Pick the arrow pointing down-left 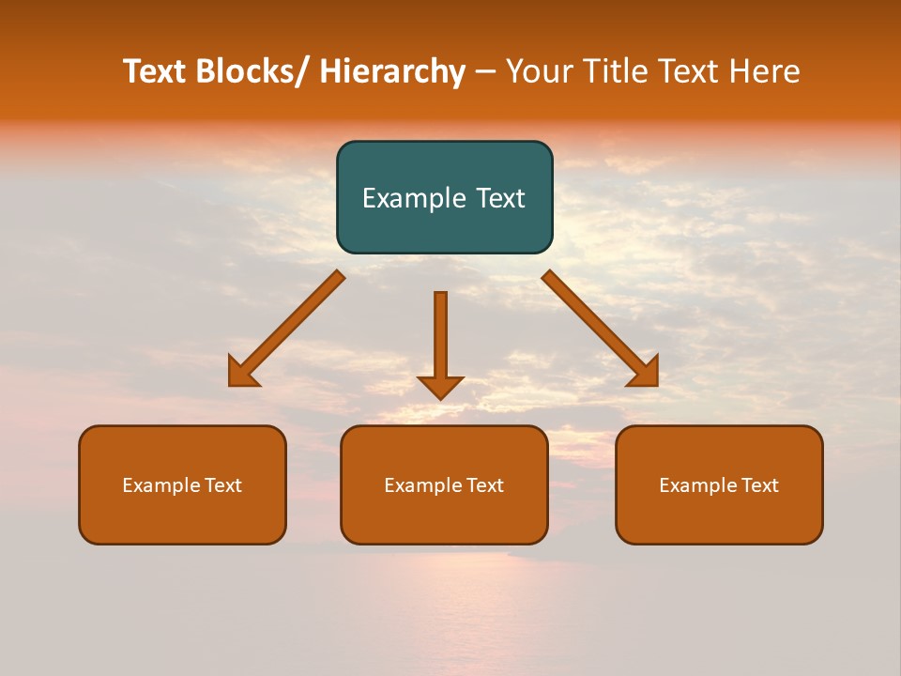[287, 329]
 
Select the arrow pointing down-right [599, 328]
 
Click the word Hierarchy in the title [392, 71]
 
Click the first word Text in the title [156, 71]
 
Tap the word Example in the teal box [407, 198]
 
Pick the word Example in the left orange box [160, 485]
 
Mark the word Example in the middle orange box [422, 485]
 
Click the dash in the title [485, 71]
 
